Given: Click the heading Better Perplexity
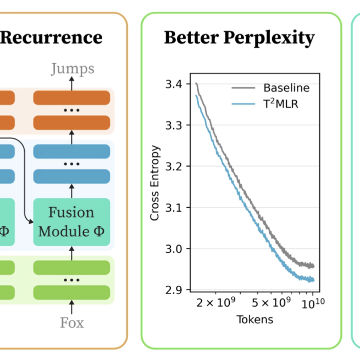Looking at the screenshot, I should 240,37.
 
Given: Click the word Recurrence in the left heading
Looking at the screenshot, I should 51,37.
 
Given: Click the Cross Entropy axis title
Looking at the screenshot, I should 156,183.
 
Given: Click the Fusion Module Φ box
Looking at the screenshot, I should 71,222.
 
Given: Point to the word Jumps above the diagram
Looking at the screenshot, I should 72,69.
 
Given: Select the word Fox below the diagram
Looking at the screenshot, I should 72,323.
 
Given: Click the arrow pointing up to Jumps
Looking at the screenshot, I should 71,82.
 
